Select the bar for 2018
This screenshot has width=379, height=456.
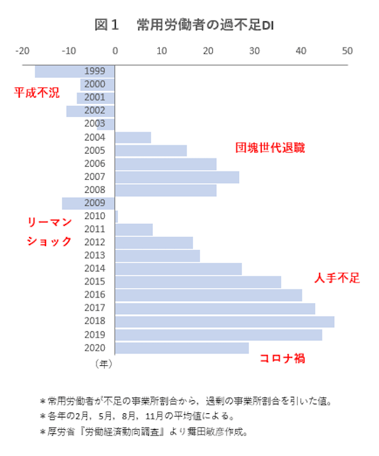225,322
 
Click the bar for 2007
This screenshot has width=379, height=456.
177,177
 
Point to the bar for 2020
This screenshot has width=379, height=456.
182,348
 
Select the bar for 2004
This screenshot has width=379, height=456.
133,137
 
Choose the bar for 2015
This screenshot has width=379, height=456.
198,282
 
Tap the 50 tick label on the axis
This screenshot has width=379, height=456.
347,50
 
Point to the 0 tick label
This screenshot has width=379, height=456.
115,50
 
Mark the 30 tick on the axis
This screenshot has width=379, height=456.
254,50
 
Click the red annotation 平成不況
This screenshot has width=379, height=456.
37,93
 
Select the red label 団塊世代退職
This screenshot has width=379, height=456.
269,148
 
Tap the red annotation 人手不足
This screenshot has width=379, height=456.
337,278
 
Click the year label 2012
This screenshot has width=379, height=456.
94,242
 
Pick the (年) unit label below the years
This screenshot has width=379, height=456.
103,362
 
